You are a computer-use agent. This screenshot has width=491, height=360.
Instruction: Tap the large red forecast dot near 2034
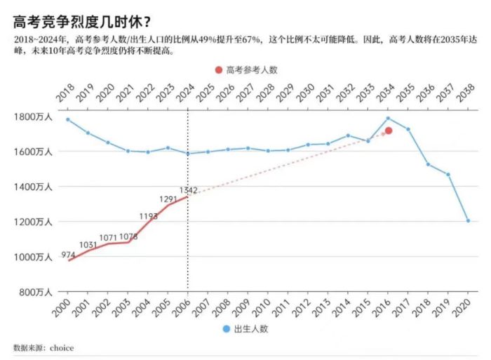pos(388,131)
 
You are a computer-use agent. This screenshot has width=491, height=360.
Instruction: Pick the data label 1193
pos(148,216)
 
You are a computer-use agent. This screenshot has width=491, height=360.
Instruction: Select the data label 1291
pos(168,199)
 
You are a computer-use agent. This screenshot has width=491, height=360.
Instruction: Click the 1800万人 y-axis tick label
pos(33,116)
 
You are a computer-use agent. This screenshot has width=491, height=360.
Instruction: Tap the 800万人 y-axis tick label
pos(35,292)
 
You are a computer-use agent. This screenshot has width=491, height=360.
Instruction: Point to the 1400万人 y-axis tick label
pos(33,187)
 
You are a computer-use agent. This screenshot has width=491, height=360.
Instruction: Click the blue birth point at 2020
pos(469,220)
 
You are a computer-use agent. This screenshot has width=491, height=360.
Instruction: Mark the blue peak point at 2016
pos(388,118)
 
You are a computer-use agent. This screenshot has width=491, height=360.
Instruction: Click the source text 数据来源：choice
pos(43,347)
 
